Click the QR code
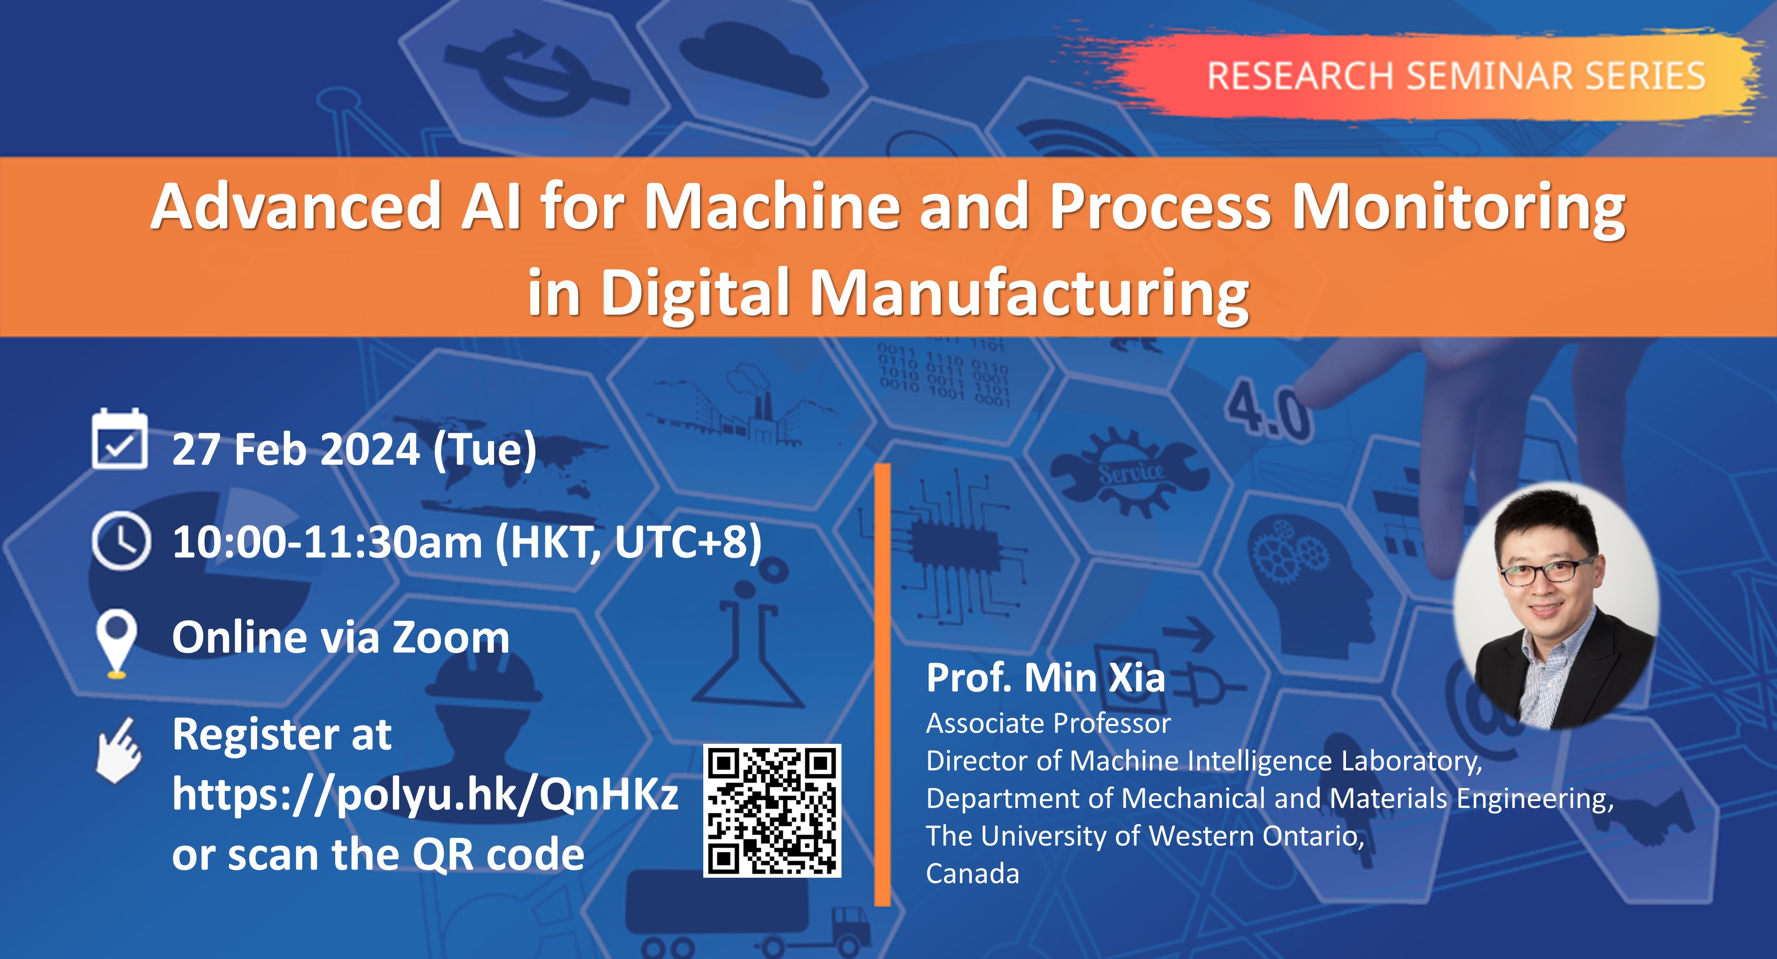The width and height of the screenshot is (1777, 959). (x=772, y=811)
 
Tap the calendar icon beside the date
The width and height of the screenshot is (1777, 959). (x=119, y=439)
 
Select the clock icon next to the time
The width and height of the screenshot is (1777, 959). (x=121, y=540)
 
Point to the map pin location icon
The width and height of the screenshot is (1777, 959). (x=116, y=643)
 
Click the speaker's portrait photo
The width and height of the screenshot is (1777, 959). (x=1556, y=605)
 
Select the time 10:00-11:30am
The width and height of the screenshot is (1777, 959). (x=328, y=542)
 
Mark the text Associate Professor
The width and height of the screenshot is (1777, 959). (x=1048, y=723)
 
